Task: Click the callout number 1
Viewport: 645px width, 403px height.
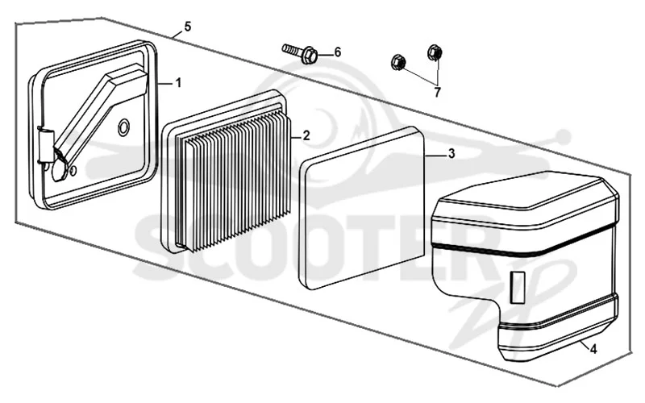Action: [x=178, y=83]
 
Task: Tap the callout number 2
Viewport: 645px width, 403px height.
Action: [x=306, y=135]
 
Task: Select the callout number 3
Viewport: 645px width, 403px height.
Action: [x=451, y=154]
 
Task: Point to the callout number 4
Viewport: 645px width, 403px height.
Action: [x=593, y=350]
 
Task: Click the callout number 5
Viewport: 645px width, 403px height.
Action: [x=188, y=27]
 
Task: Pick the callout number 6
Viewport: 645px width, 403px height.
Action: [x=337, y=52]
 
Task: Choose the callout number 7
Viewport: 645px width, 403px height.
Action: [x=437, y=92]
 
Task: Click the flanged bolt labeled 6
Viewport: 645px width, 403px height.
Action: [x=299, y=53]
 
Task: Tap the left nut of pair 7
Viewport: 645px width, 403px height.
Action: [x=397, y=62]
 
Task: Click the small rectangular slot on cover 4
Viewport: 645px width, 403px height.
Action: [x=518, y=287]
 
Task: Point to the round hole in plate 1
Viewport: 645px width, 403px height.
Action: [x=123, y=128]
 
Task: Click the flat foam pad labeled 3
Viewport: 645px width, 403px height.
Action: [x=362, y=208]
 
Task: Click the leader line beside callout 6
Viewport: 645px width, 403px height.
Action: [x=325, y=54]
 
